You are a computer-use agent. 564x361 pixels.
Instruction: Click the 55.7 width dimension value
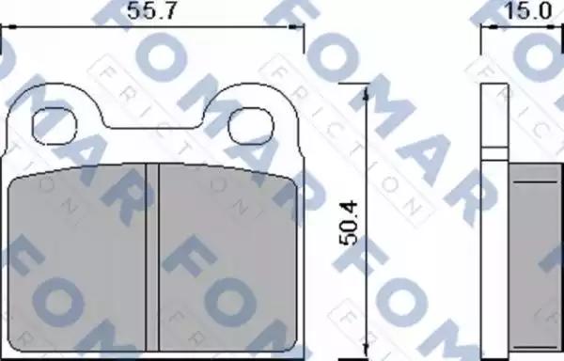(x=151, y=10)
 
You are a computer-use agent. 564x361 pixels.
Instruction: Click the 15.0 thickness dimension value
(x=528, y=10)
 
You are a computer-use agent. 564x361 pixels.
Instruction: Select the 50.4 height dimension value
(x=349, y=224)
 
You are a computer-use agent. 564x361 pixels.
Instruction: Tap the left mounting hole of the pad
(x=55, y=126)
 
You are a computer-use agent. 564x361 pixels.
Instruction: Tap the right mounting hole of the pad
(x=251, y=126)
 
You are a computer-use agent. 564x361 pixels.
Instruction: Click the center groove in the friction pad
(x=152, y=258)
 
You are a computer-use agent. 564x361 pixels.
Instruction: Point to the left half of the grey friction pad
(x=77, y=258)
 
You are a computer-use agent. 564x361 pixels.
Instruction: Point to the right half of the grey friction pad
(x=228, y=258)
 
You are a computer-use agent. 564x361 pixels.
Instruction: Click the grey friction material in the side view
(x=535, y=258)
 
